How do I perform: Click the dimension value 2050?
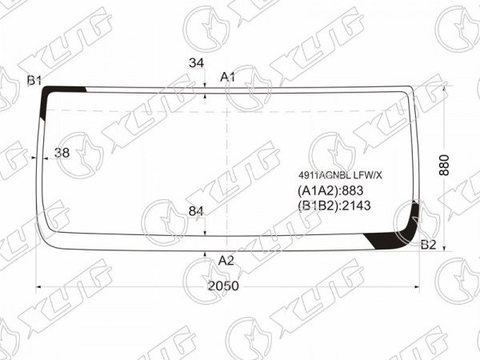click(x=223, y=286)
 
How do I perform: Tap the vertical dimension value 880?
click(x=444, y=165)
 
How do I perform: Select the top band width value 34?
click(x=196, y=62)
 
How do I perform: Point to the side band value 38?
click(x=62, y=153)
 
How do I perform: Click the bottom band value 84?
click(x=196, y=211)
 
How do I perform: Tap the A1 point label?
click(x=228, y=77)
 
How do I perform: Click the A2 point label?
click(x=226, y=261)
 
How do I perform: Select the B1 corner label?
click(x=34, y=81)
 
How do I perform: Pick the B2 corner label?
click(x=428, y=245)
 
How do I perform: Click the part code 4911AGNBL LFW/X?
click(x=340, y=175)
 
